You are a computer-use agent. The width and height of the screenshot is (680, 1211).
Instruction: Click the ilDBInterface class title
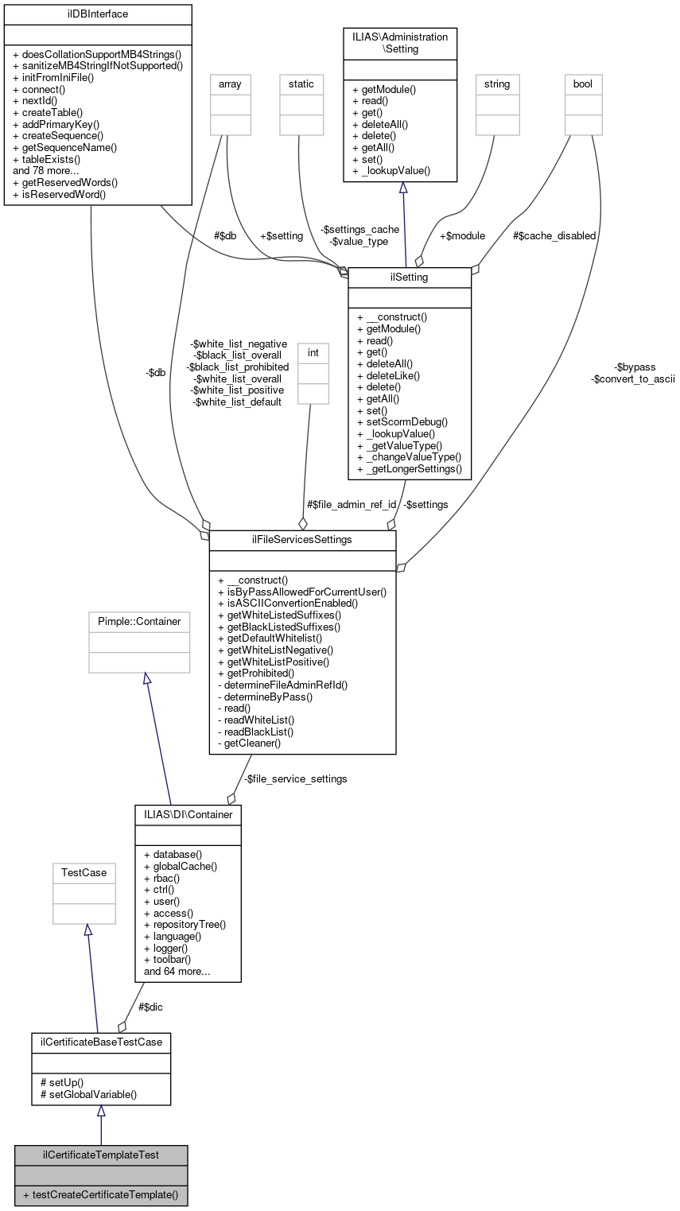point(98,14)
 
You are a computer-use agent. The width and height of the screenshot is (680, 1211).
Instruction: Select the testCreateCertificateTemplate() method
point(100,1195)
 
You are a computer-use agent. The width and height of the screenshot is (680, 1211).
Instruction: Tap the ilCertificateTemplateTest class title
point(100,1155)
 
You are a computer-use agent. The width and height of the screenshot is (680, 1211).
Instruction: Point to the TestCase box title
point(84,872)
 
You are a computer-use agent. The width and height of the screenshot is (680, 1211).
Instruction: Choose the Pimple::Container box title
point(139,621)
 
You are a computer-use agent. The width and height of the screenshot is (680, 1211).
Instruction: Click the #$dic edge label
point(151,1007)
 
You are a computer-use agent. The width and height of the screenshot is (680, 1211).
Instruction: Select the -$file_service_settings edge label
point(295,778)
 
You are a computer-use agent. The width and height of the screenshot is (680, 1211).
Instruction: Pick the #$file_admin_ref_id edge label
point(351,504)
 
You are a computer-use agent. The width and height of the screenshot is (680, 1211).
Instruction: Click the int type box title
point(313,351)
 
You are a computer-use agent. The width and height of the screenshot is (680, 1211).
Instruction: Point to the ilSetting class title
point(410,277)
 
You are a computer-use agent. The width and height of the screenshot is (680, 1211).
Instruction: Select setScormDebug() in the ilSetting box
point(402,421)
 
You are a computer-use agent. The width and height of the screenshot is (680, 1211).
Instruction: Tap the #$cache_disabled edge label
point(554,235)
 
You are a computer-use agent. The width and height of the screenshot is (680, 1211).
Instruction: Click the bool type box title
point(583,83)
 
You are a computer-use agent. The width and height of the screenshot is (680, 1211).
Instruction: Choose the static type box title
point(301,83)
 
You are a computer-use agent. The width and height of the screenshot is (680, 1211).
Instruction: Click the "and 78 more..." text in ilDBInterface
point(46,169)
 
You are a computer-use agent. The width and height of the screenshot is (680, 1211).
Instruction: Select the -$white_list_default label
point(237,402)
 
